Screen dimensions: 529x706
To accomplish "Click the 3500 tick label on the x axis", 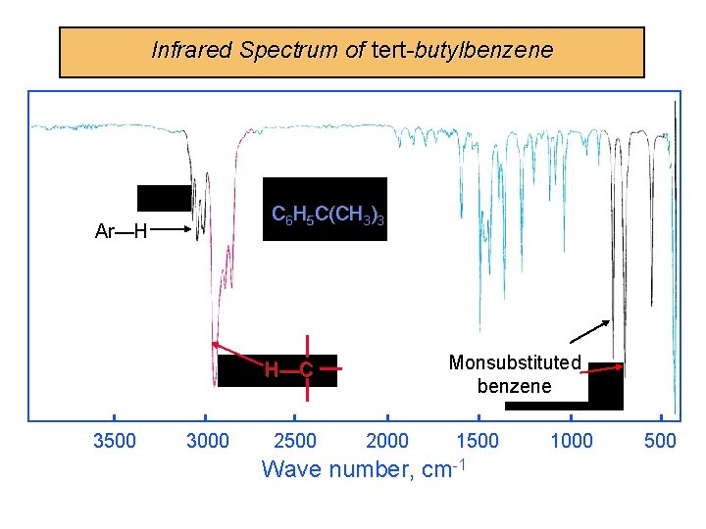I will click(x=114, y=441).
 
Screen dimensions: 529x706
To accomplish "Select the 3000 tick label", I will click(x=207, y=441).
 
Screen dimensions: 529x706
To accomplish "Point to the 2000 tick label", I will click(x=387, y=441).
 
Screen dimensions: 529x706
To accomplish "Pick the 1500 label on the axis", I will click(x=478, y=441).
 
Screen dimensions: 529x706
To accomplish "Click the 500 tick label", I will click(x=660, y=441).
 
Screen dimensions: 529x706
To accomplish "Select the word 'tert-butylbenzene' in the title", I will click(x=463, y=50).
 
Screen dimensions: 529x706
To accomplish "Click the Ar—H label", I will click(x=121, y=232).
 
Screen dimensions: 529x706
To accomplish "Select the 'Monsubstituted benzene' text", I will click(x=515, y=374).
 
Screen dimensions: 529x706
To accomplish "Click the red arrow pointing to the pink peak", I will click(x=239, y=357).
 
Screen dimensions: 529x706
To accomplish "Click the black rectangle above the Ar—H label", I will click(x=164, y=198).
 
